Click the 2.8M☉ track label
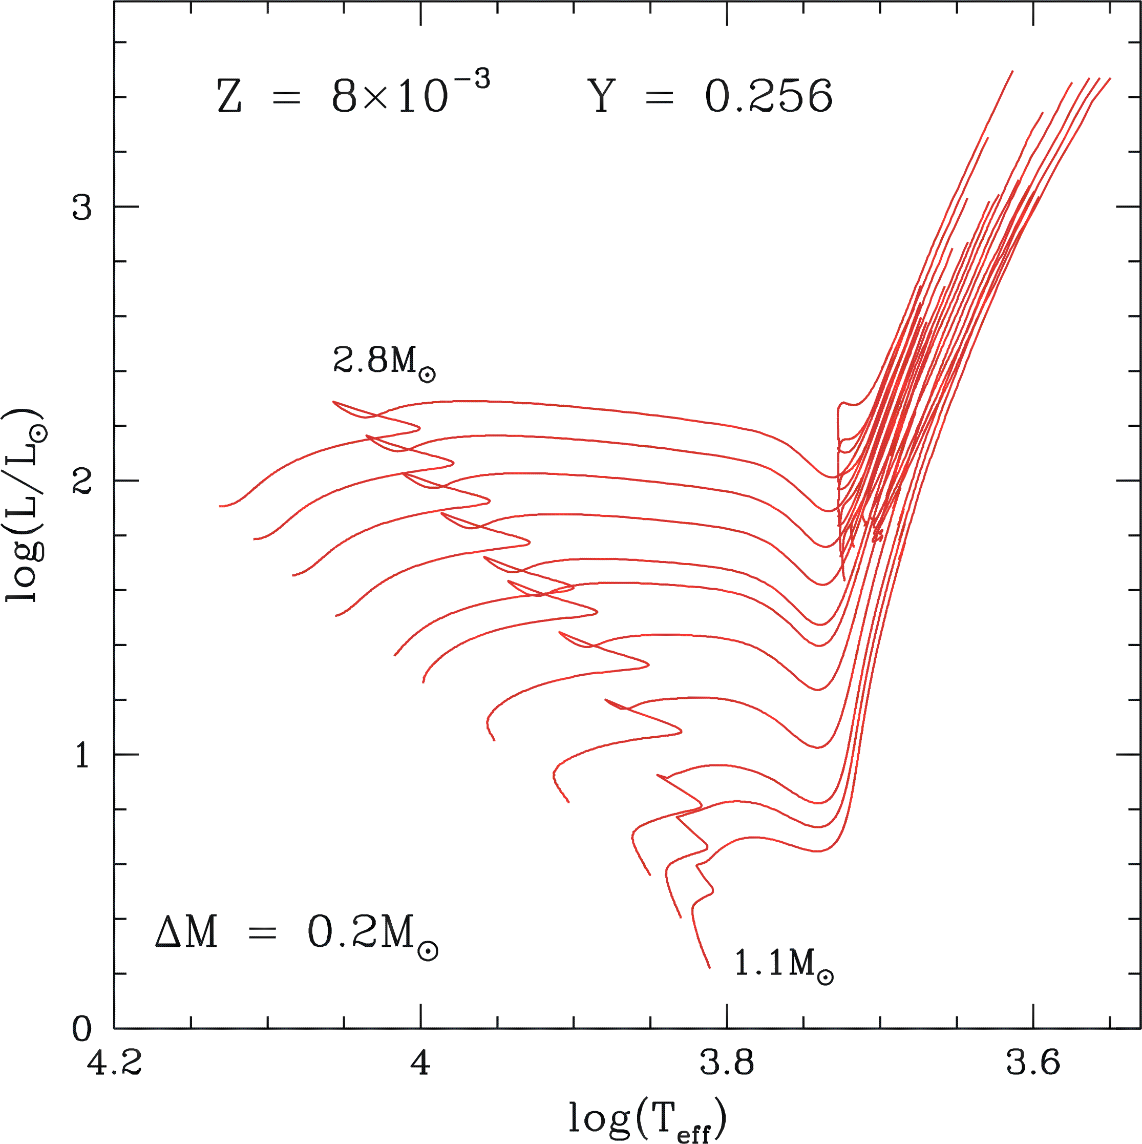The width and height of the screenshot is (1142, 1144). coord(384,362)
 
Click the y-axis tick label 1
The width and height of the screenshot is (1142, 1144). coord(82,755)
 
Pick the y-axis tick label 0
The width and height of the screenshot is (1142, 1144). coord(82,1029)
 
